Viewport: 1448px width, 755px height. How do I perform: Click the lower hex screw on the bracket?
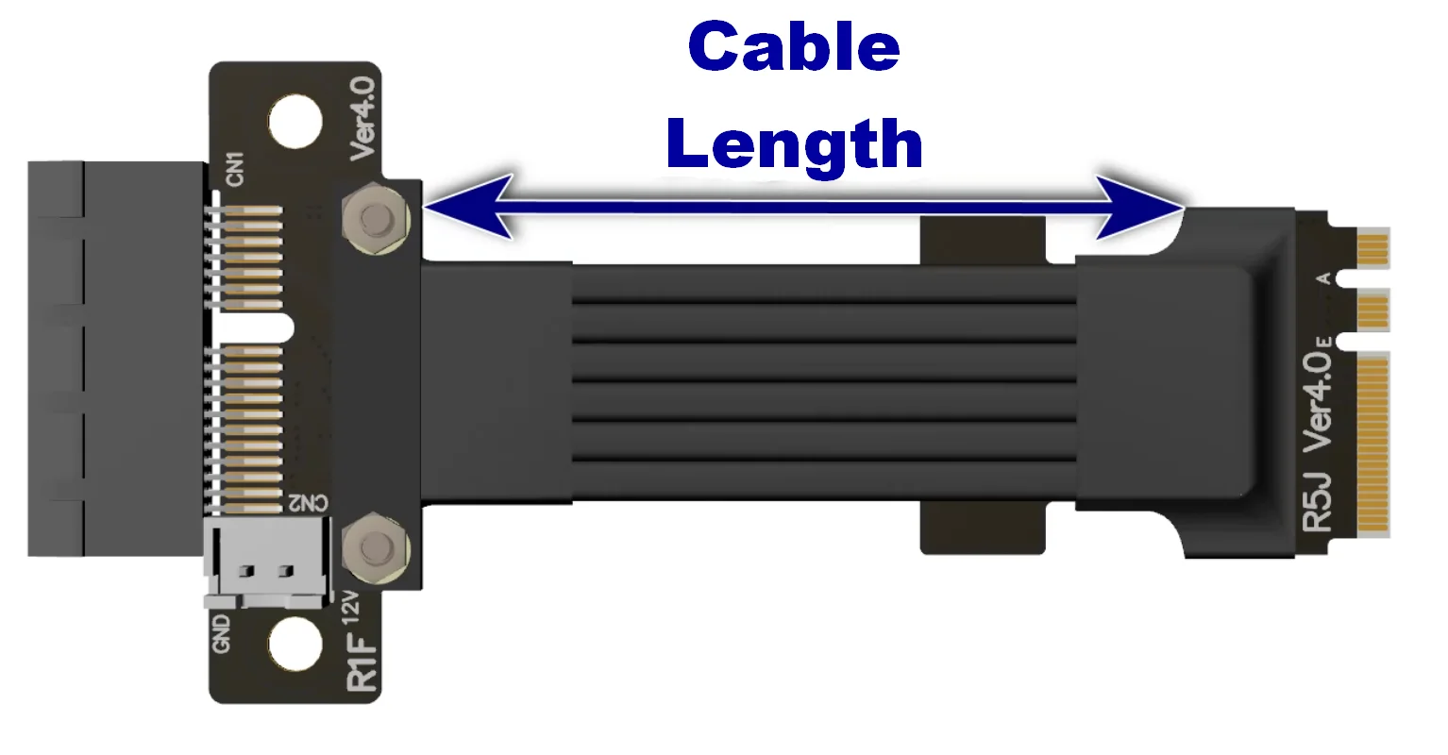tap(377, 548)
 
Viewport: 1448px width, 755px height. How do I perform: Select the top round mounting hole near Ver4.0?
tap(295, 121)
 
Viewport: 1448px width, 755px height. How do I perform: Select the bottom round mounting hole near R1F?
tap(295, 644)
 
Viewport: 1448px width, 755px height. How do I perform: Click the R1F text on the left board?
tap(363, 664)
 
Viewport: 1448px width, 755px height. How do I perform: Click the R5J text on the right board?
tap(1317, 502)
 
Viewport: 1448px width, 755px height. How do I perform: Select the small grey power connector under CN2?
tap(267, 565)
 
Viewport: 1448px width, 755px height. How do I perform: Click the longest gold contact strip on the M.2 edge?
tap(1373, 444)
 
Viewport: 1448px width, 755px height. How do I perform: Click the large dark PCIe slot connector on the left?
tap(113, 359)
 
